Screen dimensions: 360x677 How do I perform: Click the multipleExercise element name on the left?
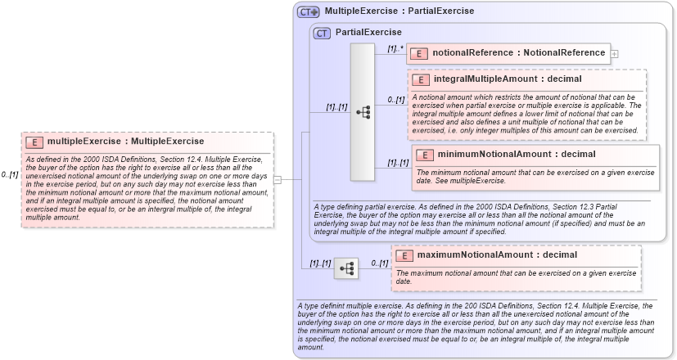click(x=125, y=141)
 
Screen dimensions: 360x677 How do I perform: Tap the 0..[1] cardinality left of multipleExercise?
click(x=9, y=174)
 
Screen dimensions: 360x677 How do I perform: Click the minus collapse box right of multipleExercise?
click(x=278, y=179)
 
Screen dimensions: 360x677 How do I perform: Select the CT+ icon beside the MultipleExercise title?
click(x=309, y=11)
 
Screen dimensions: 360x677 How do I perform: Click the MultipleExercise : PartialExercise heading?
click(x=399, y=11)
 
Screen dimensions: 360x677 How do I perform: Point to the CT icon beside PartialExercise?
click(x=323, y=33)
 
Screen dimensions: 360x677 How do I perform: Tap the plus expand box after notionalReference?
click(x=615, y=54)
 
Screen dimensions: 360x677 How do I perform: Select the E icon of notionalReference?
click(x=419, y=53)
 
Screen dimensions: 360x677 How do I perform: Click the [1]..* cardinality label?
click(x=395, y=49)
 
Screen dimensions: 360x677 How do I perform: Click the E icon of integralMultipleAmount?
click(x=422, y=79)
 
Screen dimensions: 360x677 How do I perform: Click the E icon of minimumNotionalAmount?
click(x=426, y=154)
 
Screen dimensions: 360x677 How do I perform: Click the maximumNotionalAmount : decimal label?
click(x=486, y=254)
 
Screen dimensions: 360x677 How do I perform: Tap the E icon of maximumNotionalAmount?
click(x=404, y=254)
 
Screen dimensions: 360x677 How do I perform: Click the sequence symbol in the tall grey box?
click(x=363, y=112)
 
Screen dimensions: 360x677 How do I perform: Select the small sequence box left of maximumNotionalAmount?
click(x=347, y=267)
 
